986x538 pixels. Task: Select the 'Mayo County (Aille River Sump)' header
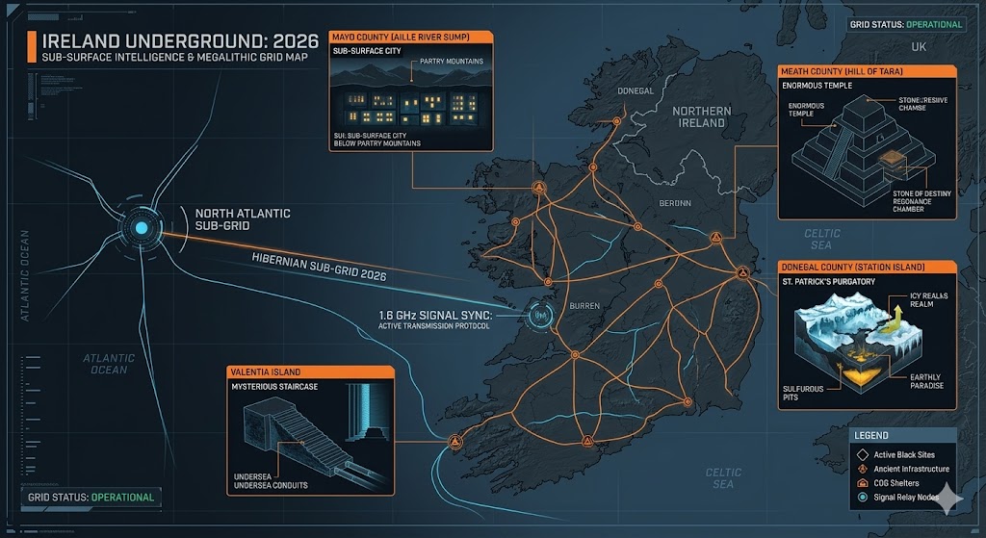click(410, 37)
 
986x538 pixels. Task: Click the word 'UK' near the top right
click(918, 46)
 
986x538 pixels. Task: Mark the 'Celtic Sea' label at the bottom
click(723, 477)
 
